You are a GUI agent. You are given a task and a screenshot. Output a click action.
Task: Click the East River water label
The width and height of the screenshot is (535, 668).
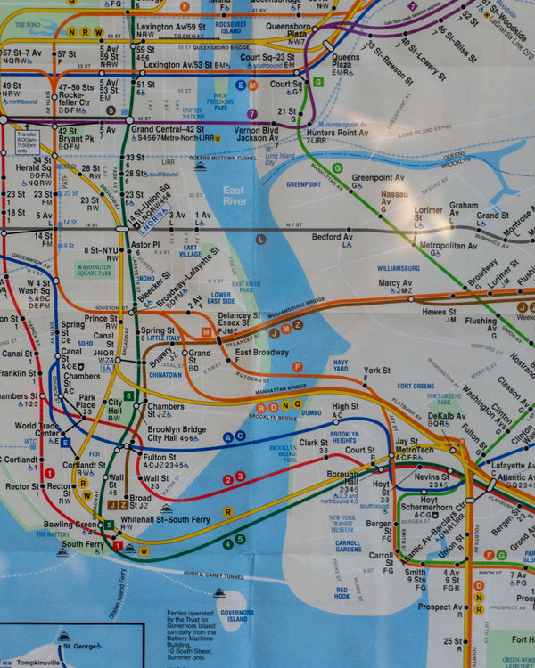pos(235,196)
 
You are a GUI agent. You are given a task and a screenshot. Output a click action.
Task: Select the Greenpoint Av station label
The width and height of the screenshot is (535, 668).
pos(377,178)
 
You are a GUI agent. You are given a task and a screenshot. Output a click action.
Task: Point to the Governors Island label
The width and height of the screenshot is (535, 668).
pos(237,615)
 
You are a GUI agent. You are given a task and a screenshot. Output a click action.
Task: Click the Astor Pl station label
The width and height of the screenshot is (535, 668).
pos(145,244)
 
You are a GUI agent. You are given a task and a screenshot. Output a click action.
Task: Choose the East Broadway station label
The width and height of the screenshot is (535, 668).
pos(261,354)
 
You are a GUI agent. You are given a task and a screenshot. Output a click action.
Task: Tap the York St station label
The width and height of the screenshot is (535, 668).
pos(376,371)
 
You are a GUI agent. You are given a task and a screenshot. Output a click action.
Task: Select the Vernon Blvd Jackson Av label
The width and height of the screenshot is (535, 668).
pos(257,134)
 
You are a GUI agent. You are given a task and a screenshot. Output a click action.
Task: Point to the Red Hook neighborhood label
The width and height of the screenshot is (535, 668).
pos(342,592)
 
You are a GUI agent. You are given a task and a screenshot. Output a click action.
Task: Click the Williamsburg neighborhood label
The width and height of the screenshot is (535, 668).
pos(398,268)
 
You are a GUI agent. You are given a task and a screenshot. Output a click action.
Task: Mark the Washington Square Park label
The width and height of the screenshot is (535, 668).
pos(94,270)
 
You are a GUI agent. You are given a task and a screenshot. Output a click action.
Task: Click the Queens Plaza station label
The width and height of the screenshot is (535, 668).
pos(346,62)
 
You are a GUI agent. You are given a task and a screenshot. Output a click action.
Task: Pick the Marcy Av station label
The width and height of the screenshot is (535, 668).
pos(394,284)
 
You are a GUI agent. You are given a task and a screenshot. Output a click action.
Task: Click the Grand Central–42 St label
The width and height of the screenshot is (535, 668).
pos(169,129)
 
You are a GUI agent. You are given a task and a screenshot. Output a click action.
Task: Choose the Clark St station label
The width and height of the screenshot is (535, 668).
pos(313,443)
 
